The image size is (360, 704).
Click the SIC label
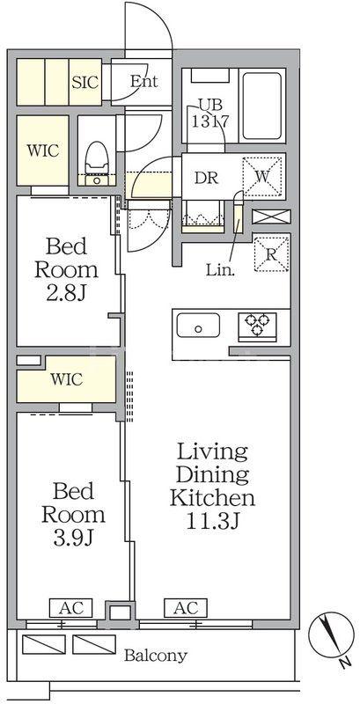click(x=85, y=82)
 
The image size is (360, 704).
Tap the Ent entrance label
click(x=143, y=81)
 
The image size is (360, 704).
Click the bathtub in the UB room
click(x=262, y=106)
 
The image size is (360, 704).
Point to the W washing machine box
click(x=262, y=177)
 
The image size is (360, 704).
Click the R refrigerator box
click(x=271, y=253)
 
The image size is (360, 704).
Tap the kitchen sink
click(x=198, y=326)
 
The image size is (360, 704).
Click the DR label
click(x=206, y=178)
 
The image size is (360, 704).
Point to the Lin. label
click(x=219, y=270)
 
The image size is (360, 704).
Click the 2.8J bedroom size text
click(x=66, y=293)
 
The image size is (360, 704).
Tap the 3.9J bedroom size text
click(x=73, y=538)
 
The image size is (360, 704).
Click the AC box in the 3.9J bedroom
click(x=70, y=608)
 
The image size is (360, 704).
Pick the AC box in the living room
click(x=187, y=608)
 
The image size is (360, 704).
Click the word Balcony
click(x=155, y=656)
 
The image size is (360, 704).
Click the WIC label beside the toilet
click(x=43, y=150)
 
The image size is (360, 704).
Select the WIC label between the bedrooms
click(x=66, y=379)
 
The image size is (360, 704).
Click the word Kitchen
click(x=213, y=497)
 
